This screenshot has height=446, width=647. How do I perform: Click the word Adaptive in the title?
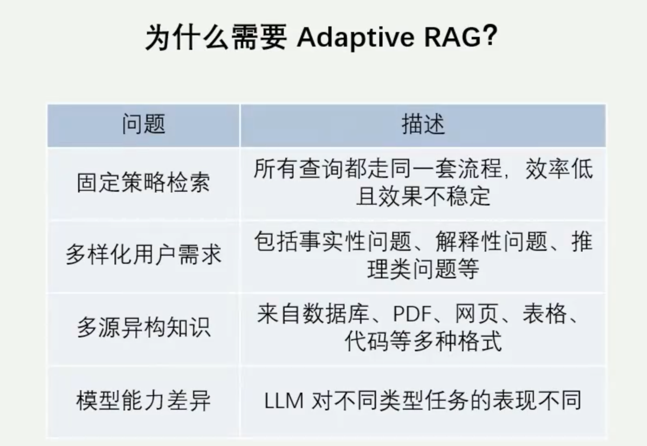(355, 38)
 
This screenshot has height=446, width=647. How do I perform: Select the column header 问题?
(143, 124)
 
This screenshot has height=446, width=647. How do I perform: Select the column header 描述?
(423, 124)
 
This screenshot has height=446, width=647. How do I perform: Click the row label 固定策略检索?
(143, 183)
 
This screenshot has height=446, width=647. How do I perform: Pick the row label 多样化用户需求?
(143, 255)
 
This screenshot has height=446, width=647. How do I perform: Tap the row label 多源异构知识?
(143, 327)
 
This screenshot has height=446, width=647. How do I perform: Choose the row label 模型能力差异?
(143, 401)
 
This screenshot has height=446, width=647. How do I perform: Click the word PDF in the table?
(412, 314)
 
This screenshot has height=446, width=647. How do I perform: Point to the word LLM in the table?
(284, 401)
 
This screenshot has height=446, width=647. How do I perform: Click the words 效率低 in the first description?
(559, 169)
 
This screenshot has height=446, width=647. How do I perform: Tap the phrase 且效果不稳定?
(423, 197)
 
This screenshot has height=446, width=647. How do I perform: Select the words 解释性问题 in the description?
(491, 241)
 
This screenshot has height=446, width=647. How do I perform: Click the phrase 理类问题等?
(423, 269)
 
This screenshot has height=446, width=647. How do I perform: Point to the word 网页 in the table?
(477, 314)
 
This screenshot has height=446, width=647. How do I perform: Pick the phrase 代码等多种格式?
(423, 341)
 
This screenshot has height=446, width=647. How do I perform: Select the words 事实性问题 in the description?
(355, 241)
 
